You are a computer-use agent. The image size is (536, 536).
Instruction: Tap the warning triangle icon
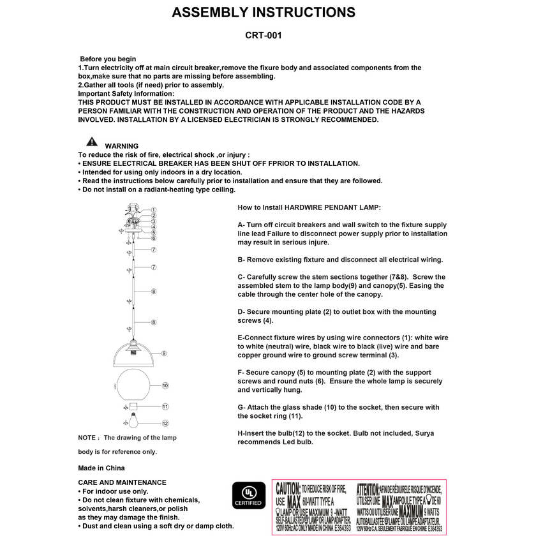click(x=93, y=142)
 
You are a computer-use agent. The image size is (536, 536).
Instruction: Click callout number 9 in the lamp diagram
click(x=164, y=353)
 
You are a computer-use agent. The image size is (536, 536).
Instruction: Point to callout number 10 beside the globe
click(x=165, y=385)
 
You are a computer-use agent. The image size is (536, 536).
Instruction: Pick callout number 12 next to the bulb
click(x=165, y=422)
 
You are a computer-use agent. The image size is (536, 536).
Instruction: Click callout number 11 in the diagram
click(x=165, y=406)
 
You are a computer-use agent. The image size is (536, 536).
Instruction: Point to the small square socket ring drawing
click(x=133, y=406)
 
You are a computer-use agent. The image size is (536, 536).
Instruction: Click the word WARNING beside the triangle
click(x=121, y=146)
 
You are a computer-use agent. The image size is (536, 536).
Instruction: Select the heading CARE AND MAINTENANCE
click(x=122, y=482)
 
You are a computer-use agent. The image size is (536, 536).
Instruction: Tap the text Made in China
click(x=101, y=468)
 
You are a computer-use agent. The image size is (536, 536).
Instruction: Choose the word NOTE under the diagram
click(x=87, y=438)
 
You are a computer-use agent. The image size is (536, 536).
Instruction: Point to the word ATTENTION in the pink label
click(x=368, y=488)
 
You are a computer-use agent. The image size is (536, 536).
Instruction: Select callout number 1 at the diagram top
click(x=154, y=209)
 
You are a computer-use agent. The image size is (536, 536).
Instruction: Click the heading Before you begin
click(x=108, y=59)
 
